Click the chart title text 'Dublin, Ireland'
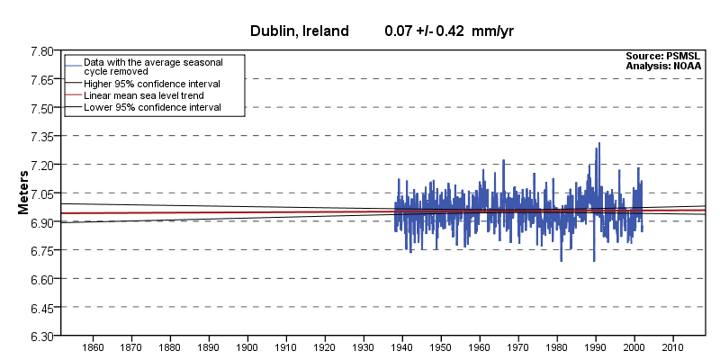[299, 31]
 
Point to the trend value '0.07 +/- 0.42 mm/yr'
[448, 31]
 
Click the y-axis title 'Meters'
[25, 193]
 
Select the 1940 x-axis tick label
[401, 347]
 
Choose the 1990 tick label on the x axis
[595, 347]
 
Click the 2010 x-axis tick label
[672, 347]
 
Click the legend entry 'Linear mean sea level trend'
[143, 94]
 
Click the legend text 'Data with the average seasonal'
[152, 60]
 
